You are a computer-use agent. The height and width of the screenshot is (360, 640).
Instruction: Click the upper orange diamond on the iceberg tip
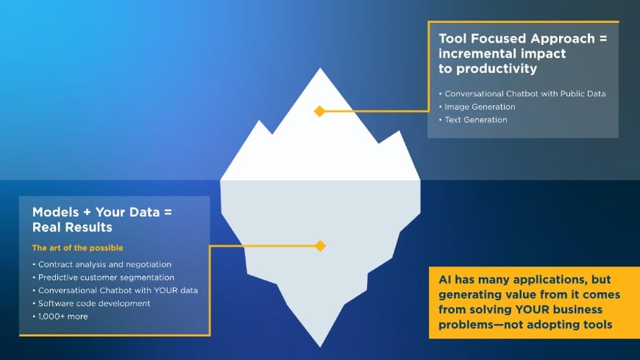(x=319, y=111)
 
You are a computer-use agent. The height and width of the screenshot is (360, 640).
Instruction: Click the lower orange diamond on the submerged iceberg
(x=320, y=246)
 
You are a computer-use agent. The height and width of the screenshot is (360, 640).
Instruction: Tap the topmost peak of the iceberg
(x=319, y=69)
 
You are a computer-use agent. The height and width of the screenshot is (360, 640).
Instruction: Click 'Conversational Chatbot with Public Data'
(x=525, y=93)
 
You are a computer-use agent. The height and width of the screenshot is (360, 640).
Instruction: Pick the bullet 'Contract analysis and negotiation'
(x=104, y=264)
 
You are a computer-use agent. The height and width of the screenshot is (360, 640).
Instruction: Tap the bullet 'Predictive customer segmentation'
(x=106, y=278)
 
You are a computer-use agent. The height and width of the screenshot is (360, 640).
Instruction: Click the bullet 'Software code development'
(x=94, y=303)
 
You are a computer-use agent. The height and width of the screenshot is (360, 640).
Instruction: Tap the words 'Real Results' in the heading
(x=73, y=227)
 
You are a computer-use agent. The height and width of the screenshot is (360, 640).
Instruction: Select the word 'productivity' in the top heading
(x=501, y=68)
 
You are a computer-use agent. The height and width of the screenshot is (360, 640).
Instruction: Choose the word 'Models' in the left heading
(x=54, y=212)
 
